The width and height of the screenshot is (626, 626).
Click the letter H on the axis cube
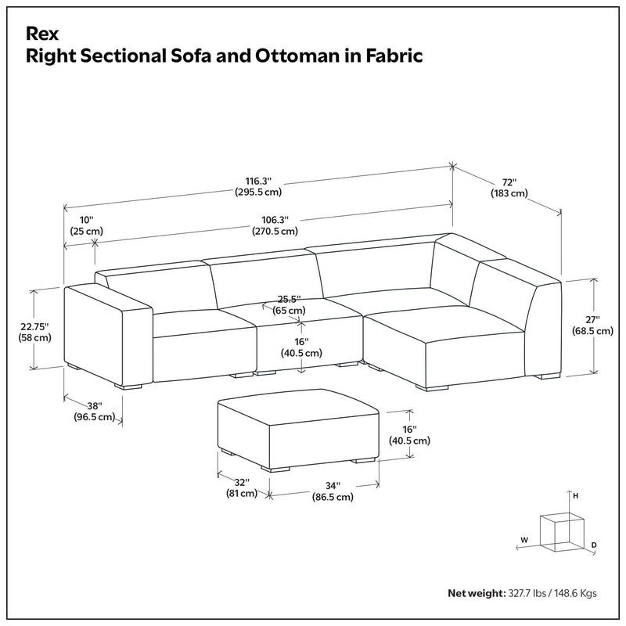574,496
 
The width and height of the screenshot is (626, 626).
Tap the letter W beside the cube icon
526,539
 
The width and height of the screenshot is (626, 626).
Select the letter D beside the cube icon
594,544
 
